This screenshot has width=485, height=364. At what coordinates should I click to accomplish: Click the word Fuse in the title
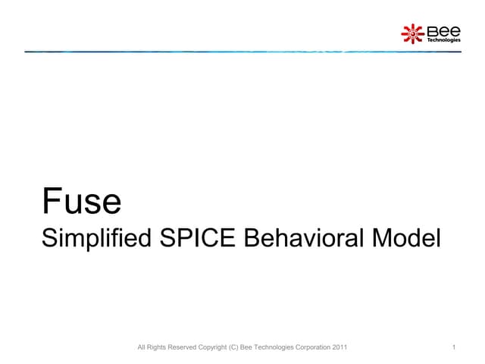point(81,202)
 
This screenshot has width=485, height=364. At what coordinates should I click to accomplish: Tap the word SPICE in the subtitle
point(197,240)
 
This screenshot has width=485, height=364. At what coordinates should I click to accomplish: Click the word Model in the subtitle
point(408,240)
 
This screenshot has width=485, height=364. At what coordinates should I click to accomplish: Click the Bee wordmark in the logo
point(443,30)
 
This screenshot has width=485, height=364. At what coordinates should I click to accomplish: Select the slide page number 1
point(452,348)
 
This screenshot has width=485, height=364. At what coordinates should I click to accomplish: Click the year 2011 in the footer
point(339,348)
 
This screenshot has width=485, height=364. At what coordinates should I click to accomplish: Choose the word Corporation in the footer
point(308,348)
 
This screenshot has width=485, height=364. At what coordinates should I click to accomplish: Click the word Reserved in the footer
point(176,348)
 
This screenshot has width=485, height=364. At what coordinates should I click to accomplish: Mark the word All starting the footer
point(137,348)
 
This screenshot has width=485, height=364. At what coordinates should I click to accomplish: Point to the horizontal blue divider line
point(242,52)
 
